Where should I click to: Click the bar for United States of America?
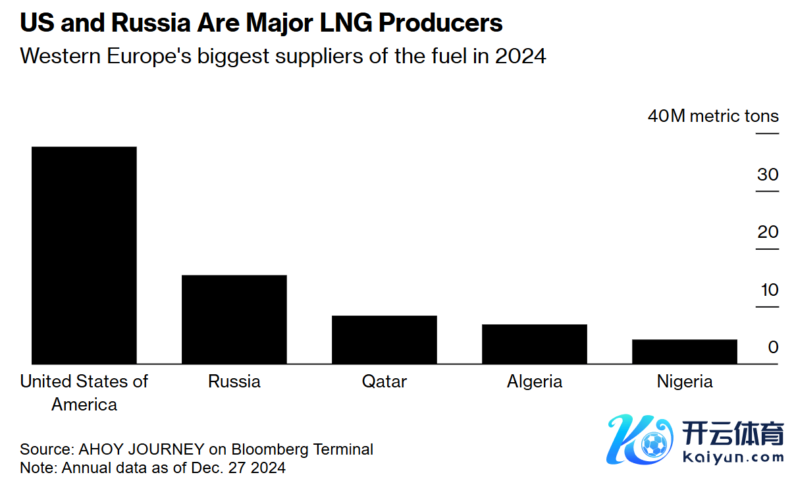click(x=84, y=255)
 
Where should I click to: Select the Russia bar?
click(x=234, y=319)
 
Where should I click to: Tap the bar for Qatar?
click(x=384, y=339)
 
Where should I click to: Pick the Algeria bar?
click(x=534, y=344)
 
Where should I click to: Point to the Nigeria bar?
click(x=684, y=351)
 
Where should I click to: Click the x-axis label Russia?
click(x=234, y=381)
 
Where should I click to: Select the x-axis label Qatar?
click(x=384, y=381)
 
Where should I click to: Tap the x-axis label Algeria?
click(x=534, y=381)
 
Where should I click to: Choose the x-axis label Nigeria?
click(x=684, y=381)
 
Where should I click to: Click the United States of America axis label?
click(x=84, y=393)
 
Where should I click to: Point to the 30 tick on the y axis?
click(x=768, y=175)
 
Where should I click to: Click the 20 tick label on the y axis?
click(x=768, y=232)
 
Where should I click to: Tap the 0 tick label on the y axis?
click(x=773, y=347)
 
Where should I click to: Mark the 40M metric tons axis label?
click(x=713, y=117)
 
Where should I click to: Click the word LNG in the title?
click(x=341, y=23)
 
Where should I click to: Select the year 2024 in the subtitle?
click(x=520, y=56)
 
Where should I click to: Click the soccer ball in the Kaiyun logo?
click(x=653, y=445)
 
